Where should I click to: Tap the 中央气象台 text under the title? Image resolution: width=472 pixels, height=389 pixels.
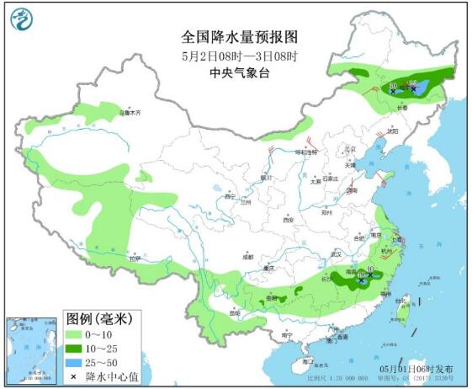coord(241,72)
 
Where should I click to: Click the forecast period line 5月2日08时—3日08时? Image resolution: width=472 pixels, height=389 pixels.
coord(241,56)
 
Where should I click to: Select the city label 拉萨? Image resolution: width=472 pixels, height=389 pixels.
coord(134,259)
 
